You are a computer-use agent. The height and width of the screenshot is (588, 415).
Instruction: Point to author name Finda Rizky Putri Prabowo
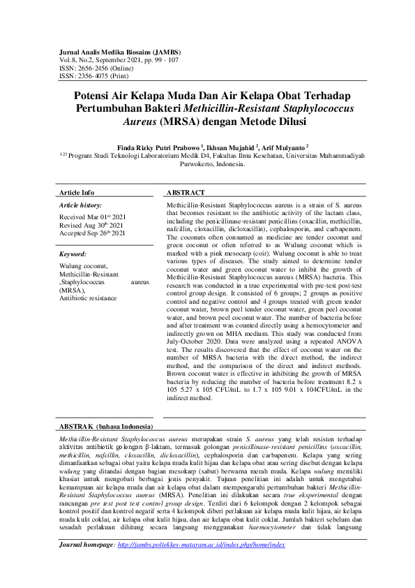(158, 147)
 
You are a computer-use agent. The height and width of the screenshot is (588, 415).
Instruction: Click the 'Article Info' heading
(76, 192)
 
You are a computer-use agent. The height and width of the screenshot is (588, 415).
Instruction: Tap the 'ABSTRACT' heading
(186, 192)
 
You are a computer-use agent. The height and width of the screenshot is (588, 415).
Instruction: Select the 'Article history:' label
(80, 205)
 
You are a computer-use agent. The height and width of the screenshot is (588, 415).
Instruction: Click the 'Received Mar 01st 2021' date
(92, 217)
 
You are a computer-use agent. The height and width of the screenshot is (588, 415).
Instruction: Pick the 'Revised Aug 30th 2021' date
(91, 225)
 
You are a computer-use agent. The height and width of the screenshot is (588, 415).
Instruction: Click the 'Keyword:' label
(73, 254)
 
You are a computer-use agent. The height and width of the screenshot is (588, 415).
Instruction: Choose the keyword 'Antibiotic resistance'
(89, 298)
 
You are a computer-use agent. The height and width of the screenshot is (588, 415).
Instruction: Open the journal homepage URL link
(202, 564)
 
